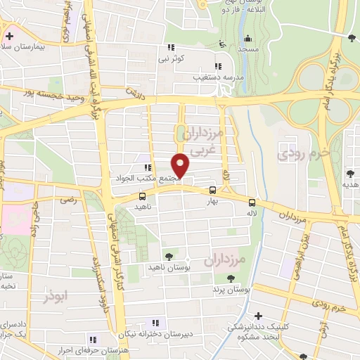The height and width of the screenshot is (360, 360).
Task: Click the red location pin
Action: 181,165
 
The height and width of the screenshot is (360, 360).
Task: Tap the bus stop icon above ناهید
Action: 143,196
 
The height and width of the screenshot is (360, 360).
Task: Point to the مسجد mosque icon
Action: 247,39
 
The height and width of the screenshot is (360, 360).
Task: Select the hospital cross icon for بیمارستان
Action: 10,35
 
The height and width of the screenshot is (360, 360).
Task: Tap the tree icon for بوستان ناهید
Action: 168,257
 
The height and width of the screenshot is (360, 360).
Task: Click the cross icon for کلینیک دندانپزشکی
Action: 259,316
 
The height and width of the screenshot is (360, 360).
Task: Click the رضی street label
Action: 68,200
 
